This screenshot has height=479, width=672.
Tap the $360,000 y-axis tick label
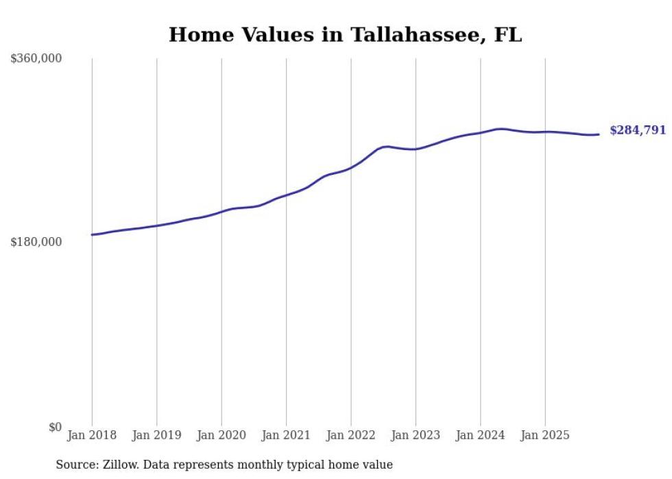click(36, 59)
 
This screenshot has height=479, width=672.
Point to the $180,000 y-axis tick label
click(36, 242)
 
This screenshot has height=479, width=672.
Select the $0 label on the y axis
click(55, 427)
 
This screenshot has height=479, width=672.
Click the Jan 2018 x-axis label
click(92, 435)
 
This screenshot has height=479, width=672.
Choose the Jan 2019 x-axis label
click(156, 435)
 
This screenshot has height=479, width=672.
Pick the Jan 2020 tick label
click(221, 435)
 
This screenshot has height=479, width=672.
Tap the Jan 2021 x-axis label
click(286, 435)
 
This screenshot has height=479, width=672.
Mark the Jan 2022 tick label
click(351, 435)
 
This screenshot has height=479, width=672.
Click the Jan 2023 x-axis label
click(416, 435)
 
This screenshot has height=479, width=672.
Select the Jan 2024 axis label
click(480, 435)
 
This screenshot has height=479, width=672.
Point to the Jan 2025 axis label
click(545, 435)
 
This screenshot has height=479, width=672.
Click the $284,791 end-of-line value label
click(638, 130)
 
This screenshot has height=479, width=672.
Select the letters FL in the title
click(508, 35)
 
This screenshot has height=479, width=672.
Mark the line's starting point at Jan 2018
click(92, 234)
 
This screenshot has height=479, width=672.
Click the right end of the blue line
click(599, 134)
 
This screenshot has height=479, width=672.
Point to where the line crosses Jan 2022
click(351, 167)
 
